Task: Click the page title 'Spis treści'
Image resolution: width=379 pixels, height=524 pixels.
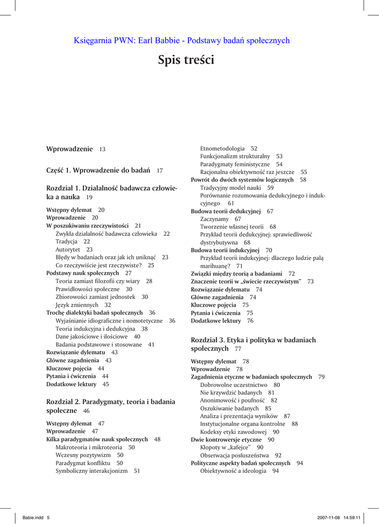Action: point(186,60)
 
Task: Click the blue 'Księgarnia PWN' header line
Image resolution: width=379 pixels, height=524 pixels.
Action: point(182,40)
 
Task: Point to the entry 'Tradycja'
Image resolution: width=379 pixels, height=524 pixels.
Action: point(67,242)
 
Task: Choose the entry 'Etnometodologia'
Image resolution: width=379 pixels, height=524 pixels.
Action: point(222,148)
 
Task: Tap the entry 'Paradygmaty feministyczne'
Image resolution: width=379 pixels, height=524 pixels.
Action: point(235,164)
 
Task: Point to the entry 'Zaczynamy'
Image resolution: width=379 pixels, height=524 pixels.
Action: point(214,219)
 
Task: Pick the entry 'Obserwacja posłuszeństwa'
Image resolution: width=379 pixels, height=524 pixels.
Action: point(234,454)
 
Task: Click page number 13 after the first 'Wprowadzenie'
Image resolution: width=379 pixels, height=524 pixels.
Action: point(102,149)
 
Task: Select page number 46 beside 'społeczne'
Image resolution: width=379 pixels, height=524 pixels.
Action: point(86,411)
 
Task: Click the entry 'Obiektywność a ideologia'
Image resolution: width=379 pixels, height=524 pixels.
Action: point(233,471)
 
